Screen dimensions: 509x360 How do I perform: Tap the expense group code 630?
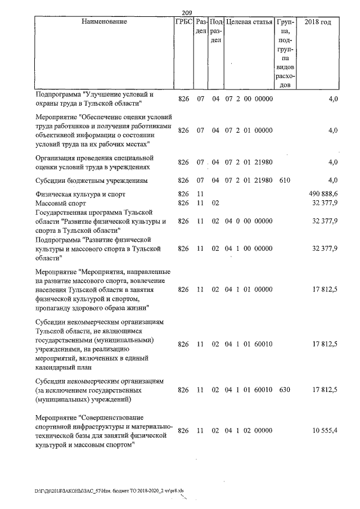(285, 390)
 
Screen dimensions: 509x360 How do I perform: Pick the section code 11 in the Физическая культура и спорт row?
(199, 194)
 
